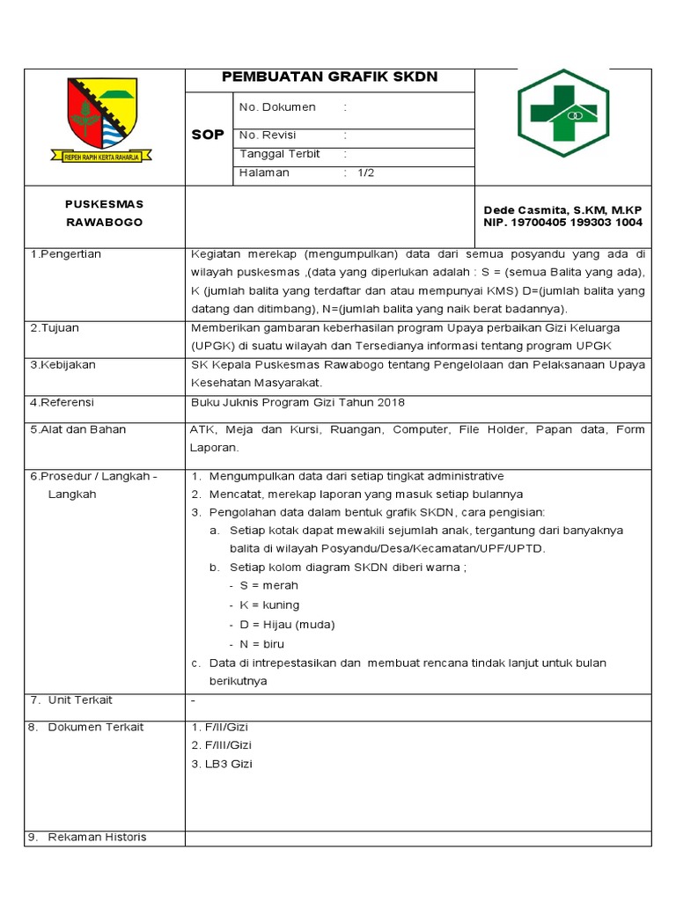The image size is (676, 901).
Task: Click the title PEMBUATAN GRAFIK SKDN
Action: pyautogui.click(x=329, y=77)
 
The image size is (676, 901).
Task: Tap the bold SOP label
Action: pyautogui.click(x=208, y=135)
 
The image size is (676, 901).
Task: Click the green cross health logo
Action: pyautogui.click(x=562, y=114)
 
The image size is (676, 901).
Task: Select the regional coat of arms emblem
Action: pyautogui.click(x=103, y=121)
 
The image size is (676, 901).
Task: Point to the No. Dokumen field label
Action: pyautogui.click(x=277, y=107)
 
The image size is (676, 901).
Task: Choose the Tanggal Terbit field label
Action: pyautogui.click(x=279, y=154)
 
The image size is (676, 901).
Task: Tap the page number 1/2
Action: pyautogui.click(x=366, y=173)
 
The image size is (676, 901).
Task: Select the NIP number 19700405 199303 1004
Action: pyautogui.click(x=563, y=223)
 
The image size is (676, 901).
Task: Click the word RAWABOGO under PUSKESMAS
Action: pyautogui.click(x=103, y=223)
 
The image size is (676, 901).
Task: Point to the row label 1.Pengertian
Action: pyautogui.click(x=66, y=254)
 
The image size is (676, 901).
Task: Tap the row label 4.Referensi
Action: pyautogui.click(x=62, y=402)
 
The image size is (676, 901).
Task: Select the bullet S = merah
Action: pyautogui.click(x=268, y=585)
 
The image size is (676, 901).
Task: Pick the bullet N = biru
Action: pyautogui.click(x=264, y=644)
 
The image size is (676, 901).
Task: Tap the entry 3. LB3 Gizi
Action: pyautogui.click(x=221, y=764)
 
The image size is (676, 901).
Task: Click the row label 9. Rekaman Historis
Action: pyautogui.click(x=87, y=837)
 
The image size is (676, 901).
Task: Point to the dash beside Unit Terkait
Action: pyautogui.click(x=193, y=700)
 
